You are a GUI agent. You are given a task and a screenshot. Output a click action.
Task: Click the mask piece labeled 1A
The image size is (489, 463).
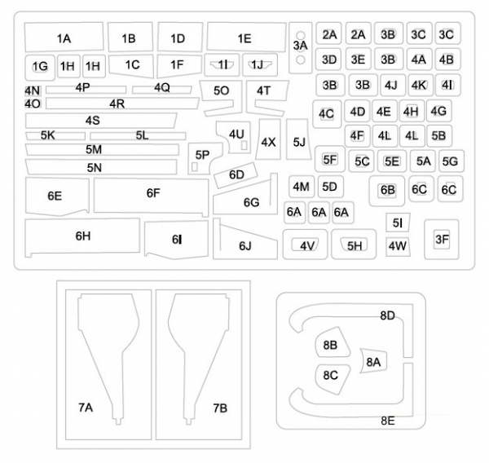(x=64, y=38)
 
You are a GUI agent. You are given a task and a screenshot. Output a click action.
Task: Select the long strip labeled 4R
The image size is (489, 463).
(x=116, y=104)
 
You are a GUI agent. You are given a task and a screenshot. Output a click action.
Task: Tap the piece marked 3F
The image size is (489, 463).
(x=441, y=239)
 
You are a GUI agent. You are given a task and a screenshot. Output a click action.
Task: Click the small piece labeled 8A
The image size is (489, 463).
(x=373, y=361)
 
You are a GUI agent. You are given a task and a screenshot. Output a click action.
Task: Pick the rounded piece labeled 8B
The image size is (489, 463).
(x=331, y=345)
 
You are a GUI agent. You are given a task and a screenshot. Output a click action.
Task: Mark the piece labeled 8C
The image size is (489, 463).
(x=331, y=375)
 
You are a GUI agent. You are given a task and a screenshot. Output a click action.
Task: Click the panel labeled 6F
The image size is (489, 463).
(x=152, y=194)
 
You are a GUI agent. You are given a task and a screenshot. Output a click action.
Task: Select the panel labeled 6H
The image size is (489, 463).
(x=82, y=236)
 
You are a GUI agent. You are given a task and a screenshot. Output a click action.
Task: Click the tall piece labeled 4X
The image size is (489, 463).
(x=268, y=141)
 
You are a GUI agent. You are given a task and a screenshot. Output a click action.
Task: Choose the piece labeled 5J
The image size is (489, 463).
(x=299, y=143)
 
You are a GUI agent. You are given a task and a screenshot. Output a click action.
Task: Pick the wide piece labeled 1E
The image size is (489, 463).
(x=245, y=37)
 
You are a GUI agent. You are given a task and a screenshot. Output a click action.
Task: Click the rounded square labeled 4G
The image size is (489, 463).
(x=438, y=111)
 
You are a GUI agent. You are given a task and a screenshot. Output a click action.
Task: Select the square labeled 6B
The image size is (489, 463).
(x=387, y=190)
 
